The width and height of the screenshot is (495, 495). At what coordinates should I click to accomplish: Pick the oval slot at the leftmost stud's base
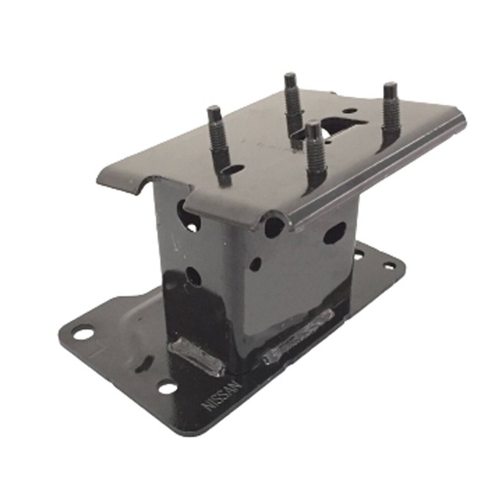click(x=234, y=168)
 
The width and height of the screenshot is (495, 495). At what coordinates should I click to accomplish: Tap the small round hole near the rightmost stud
click(x=350, y=111)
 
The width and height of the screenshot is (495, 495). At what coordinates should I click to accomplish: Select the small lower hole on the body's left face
click(x=193, y=276)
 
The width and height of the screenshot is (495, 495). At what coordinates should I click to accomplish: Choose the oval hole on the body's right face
click(x=334, y=233)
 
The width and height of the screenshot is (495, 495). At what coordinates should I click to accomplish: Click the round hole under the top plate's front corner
click(x=273, y=227)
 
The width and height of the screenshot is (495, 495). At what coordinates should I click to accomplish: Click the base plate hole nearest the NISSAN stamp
click(x=167, y=388)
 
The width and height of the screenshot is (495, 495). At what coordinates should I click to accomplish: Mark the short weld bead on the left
click(x=196, y=356)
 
